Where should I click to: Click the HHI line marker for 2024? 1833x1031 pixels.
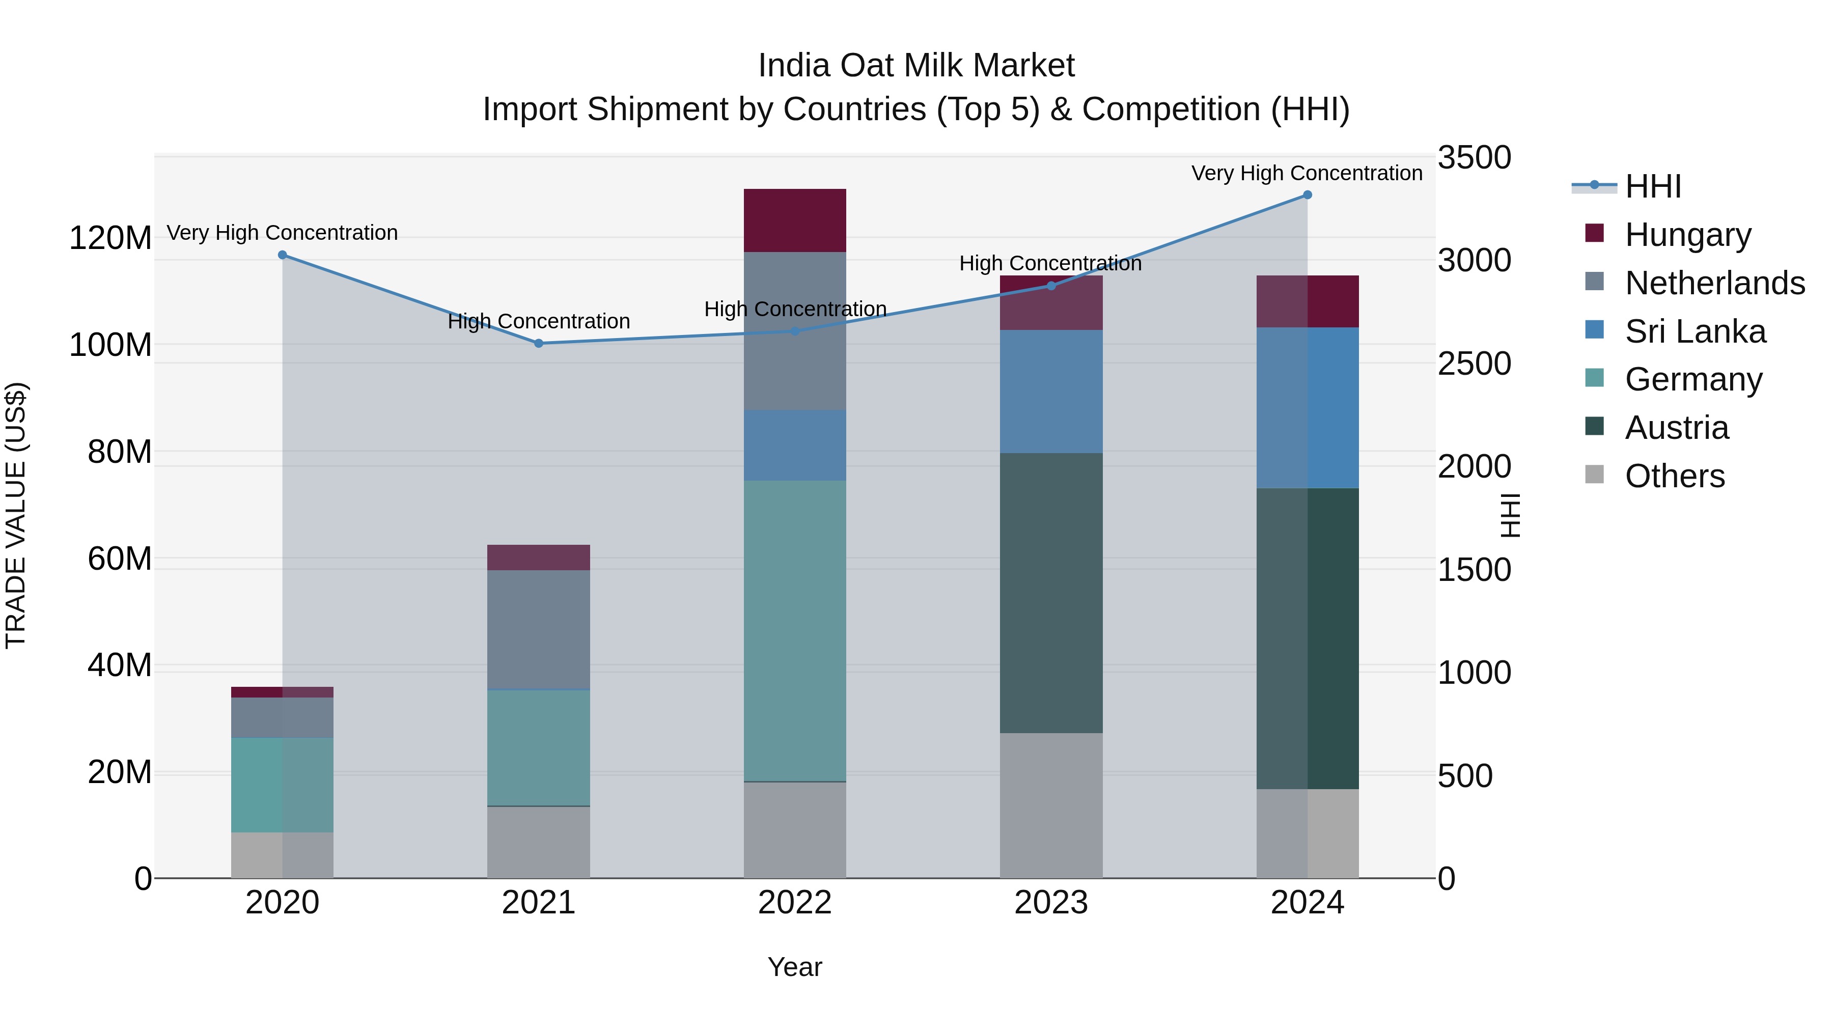click(x=1307, y=195)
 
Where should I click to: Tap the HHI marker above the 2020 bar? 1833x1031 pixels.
click(x=283, y=255)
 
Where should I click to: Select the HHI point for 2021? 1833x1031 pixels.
click(x=539, y=344)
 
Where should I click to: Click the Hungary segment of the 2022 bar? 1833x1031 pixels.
click(x=795, y=220)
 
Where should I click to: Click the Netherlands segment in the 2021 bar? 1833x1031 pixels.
click(x=539, y=630)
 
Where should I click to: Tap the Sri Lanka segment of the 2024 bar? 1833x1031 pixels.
click(x=1307, y=408)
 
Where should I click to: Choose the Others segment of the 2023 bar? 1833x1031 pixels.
click(x=1051, y=805)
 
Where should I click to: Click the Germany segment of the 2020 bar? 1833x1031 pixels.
click(x=283, y=785)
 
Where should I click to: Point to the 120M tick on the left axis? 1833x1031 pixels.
click(x=110, y=238)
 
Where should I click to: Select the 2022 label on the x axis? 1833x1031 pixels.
click(x=795, y=903)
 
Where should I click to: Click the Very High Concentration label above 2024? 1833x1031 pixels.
click(x=1307, y=173)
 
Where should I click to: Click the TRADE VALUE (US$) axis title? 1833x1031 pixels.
click(x=16, y=515)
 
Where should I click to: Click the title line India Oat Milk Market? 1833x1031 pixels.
click(x=916, y=66)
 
